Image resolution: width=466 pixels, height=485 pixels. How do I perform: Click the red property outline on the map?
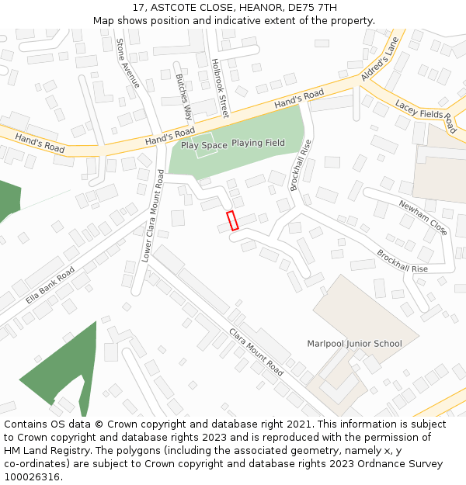pos(231,220)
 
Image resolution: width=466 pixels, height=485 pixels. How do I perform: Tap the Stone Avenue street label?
pos(127,63)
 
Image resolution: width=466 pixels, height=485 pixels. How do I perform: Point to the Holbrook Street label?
pos(220,88)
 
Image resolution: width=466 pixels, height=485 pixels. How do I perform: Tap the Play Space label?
pos(204,145)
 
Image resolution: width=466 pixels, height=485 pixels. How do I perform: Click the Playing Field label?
pos(258,143)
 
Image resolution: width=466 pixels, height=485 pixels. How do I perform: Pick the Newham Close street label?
pos(423,218)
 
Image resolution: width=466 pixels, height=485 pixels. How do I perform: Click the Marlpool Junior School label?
pos(354,344)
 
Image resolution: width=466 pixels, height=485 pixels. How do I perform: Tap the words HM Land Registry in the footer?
pos(42,451)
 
